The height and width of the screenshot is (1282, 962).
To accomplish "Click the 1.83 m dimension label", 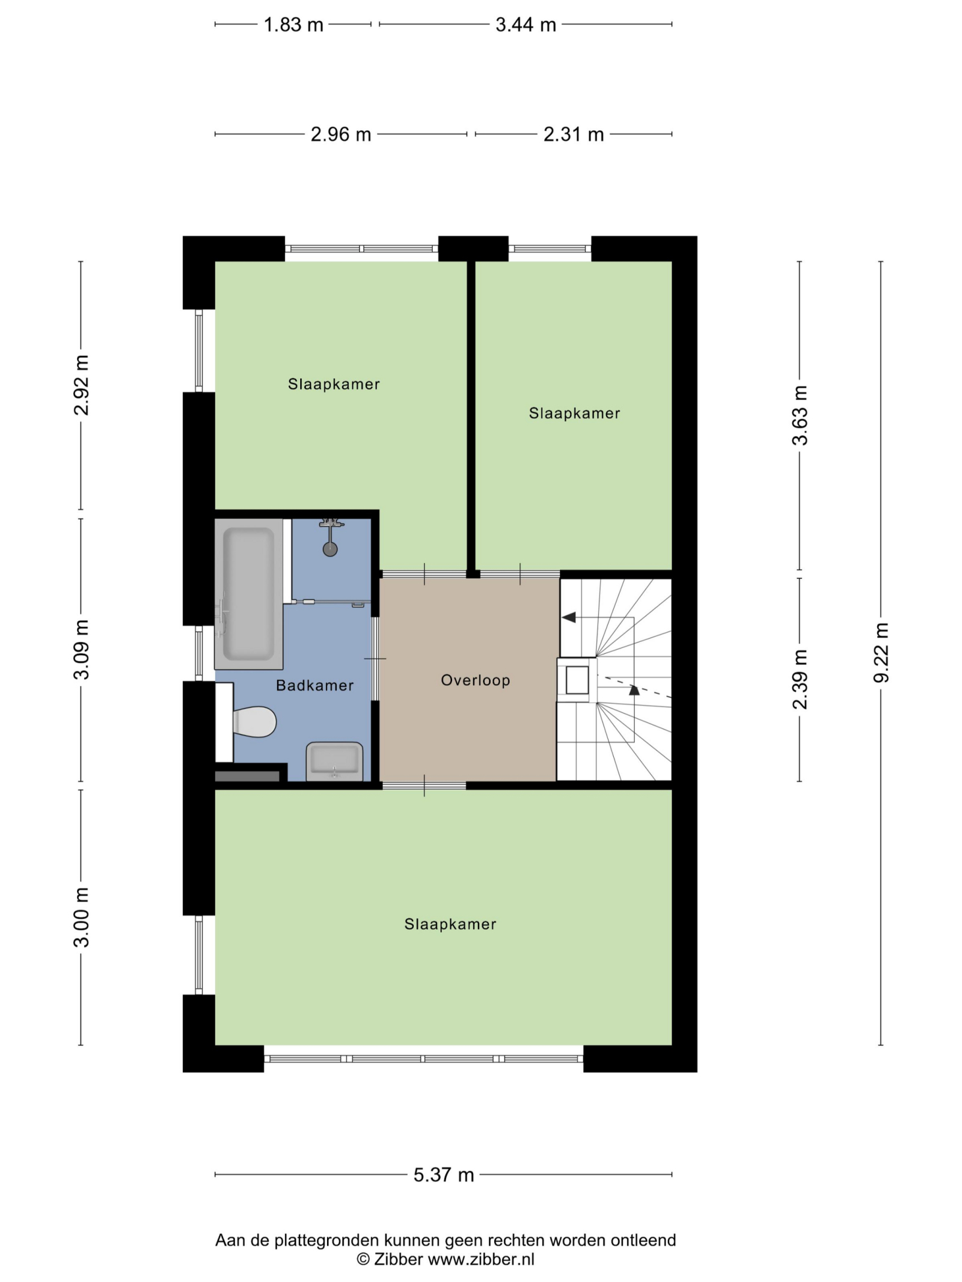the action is click(293, 25).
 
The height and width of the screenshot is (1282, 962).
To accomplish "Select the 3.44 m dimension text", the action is click(525, 25).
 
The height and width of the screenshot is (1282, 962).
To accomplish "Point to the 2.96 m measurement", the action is click(340, 134).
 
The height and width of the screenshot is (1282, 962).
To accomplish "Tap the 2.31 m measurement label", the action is click(574, 134).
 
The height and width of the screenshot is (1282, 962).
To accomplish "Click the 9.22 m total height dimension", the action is click(881, 653).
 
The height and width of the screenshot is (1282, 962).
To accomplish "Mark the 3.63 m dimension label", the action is click(800, 415).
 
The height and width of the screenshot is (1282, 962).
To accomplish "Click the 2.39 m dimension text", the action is click(800, 679).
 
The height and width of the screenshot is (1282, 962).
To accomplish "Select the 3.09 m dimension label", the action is click(81, 650).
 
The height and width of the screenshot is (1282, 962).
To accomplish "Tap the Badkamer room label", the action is click(314, 685).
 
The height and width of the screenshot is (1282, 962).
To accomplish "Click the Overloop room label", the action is click(476, 680).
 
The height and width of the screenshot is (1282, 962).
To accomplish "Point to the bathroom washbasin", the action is click(334, 762).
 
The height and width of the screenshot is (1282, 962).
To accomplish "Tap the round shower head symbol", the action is click(330, 549).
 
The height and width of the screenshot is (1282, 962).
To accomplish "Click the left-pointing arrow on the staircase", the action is click(569, 617).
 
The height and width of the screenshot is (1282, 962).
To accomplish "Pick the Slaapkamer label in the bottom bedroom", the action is click(450, 924).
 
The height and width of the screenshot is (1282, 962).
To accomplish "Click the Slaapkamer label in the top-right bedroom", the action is click(574, 413).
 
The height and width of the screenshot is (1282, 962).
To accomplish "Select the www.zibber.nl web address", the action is click(481, 1259).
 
